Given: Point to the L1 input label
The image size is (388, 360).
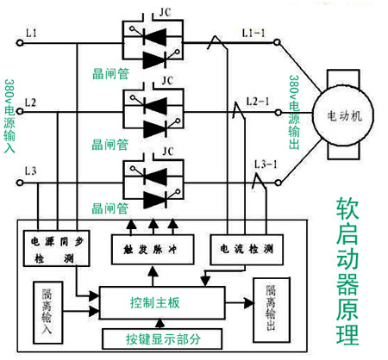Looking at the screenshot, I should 31,33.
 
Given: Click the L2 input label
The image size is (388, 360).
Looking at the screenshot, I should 31,103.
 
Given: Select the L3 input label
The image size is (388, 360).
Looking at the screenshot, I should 31,173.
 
